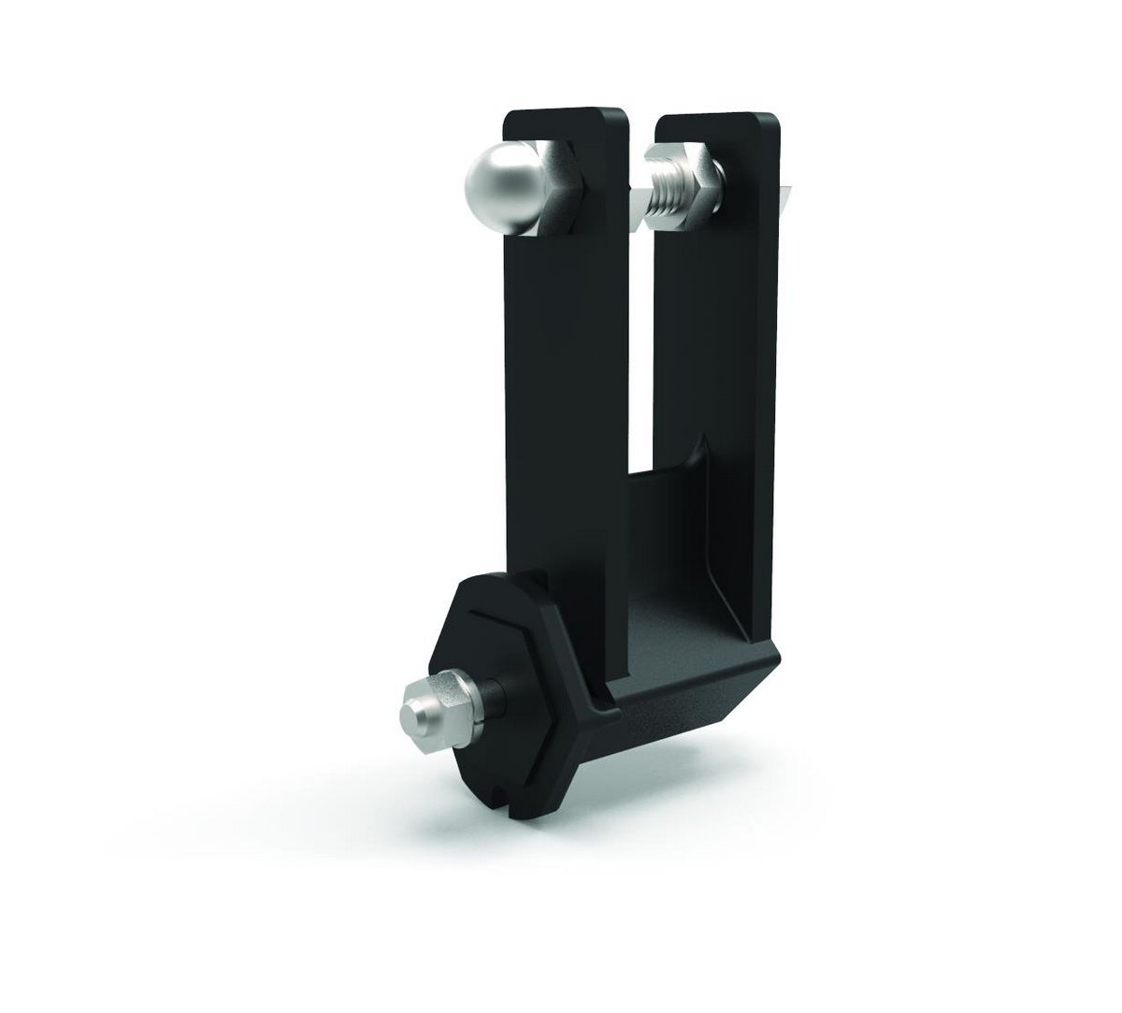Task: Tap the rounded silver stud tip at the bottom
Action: pyautogui.click(x=410, y=716)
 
